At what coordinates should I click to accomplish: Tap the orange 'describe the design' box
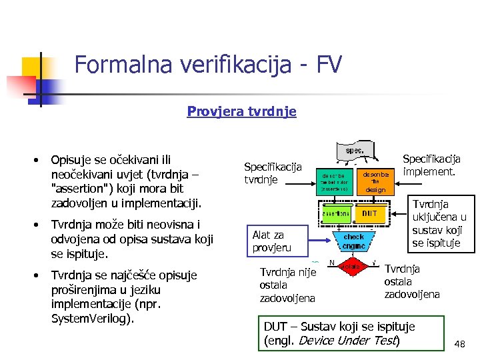pos(375,180)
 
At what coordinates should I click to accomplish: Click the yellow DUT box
pos(371,213)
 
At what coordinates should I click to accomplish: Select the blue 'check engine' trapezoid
pos(353,240)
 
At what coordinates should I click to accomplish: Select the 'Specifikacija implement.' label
pos(431,165)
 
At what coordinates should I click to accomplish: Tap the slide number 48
pos(459,343)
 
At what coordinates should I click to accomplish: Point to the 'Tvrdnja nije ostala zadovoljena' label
pos(287,285)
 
